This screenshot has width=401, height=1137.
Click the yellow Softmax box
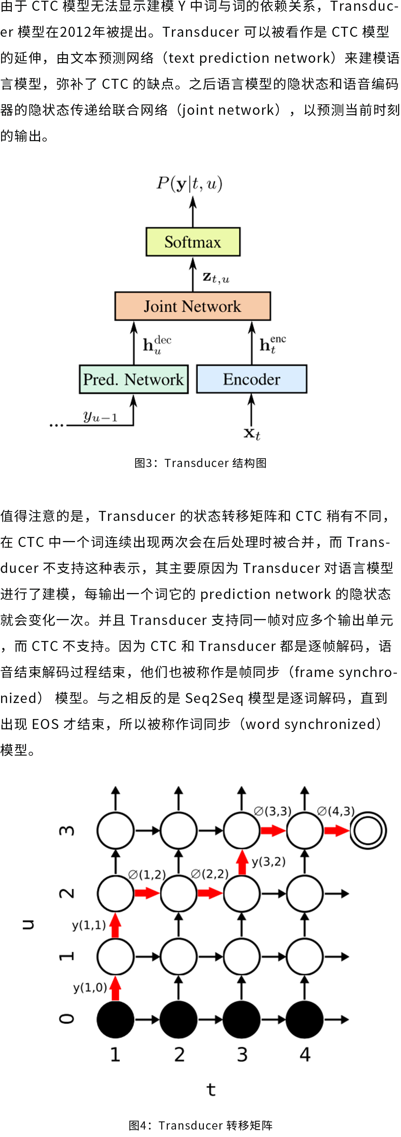(193, 242)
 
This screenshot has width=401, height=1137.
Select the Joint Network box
(192, 306)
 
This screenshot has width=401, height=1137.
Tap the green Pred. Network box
(134, 379)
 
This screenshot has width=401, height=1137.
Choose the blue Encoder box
(251, 379)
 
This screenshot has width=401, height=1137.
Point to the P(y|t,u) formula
(190, 183)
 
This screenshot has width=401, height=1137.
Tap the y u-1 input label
(100, 416)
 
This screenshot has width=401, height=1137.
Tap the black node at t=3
(241, 1019)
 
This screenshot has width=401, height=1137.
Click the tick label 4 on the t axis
(305, 1055)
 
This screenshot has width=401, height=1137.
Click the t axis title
(211, 1089)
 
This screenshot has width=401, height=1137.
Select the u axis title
(28, 924)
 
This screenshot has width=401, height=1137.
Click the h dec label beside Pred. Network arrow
(157, 345)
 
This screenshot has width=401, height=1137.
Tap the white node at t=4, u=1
(304, 956)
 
